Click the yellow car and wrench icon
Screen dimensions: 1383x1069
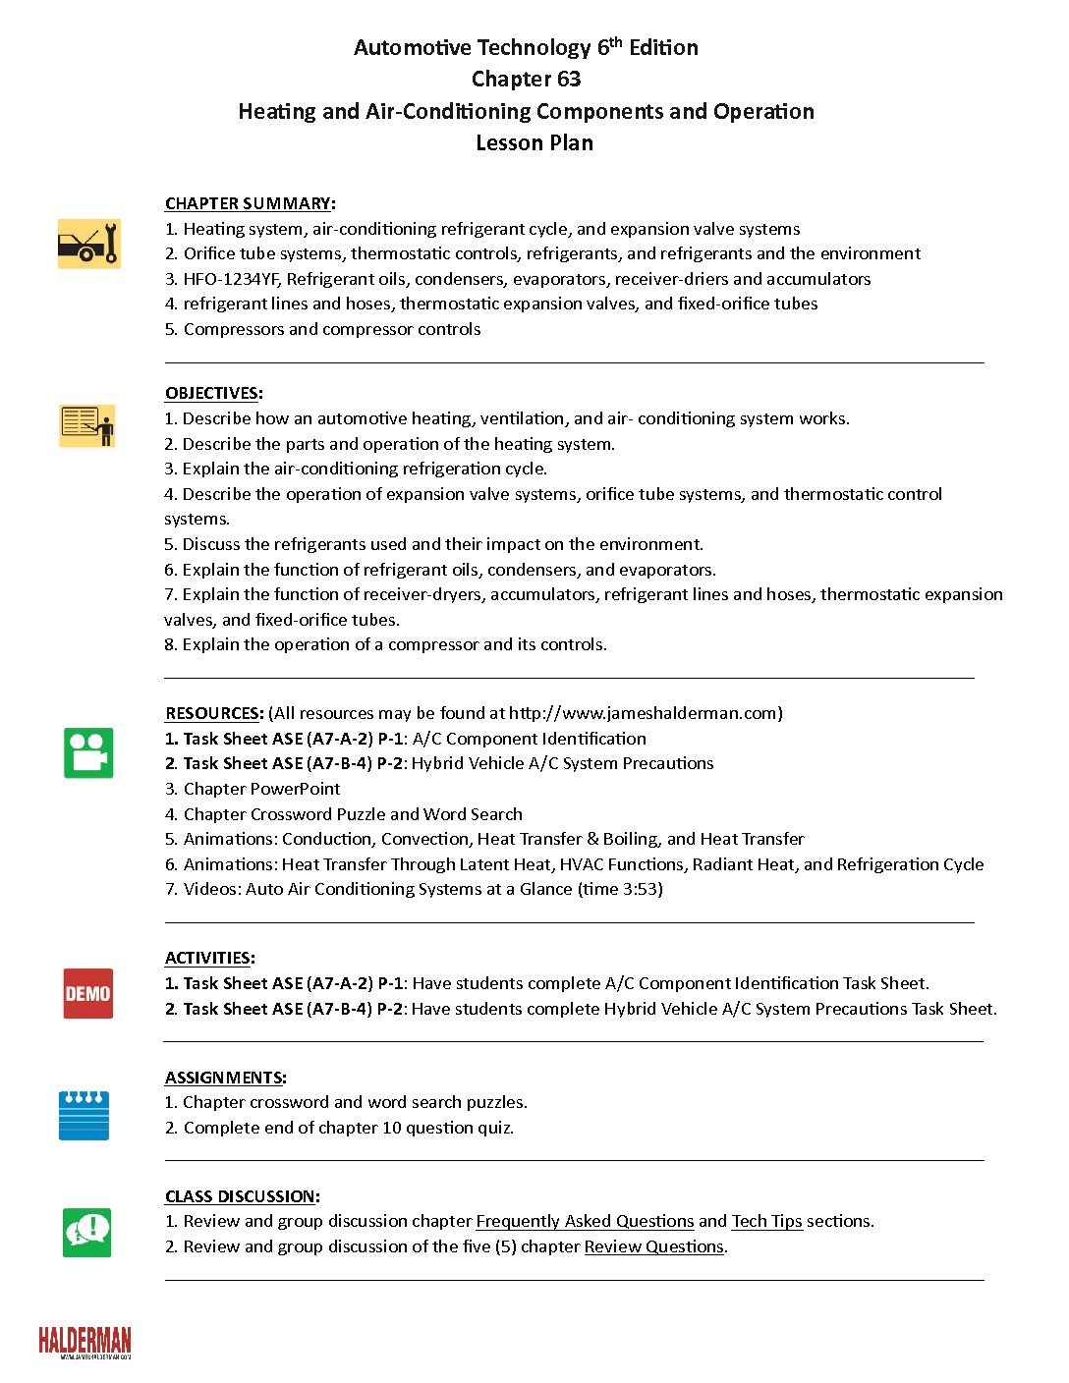pyautogui.click(x=88, y=244)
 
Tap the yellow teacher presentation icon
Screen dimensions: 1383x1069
pyautogui.click(x=87, y=425)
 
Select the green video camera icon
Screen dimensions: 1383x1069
pyautogui.click(x=88, y=752)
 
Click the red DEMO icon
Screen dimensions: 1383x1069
pyautogui.click(x=87, y=993)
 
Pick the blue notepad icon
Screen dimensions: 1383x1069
pyautogui.click(x=84, y=1115)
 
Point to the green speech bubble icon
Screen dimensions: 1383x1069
pyautogui.click(x=87, y=1232)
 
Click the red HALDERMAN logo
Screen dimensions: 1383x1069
pyautogui.click(x=84, y=1342)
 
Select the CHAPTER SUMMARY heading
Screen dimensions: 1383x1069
pyautogui.click(x=248, y=203)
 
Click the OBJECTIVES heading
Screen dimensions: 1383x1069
pyautogui.click(x=211, y=393)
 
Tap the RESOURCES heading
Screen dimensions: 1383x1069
pyautogui.click(x=212, y=713)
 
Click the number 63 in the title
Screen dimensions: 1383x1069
pyautogui.click(x=568, y=79)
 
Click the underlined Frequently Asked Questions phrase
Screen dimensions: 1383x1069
pyautogui.click(x=585, y=1221)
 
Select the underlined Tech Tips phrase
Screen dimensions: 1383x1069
pyautogui.click(x=766, y=1221)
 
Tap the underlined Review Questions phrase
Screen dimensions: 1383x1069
pyautogui.click(x=653, y=1246)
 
